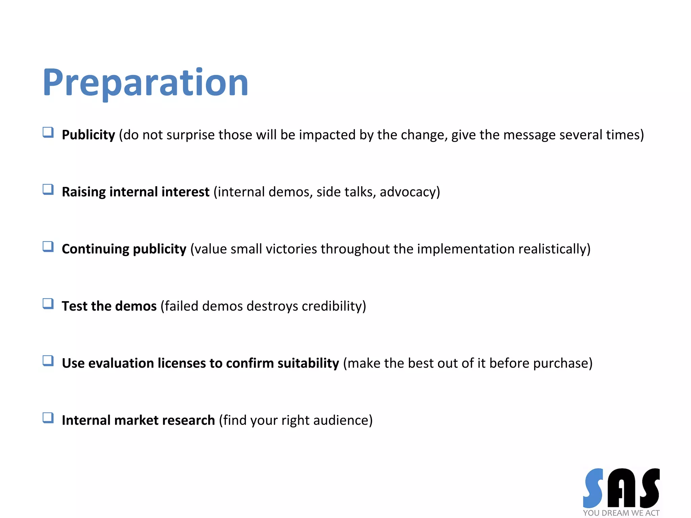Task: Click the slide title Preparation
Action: (x=145, y=83)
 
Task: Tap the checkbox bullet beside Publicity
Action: (x=48, y=133)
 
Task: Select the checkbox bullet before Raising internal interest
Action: (x=48, y=190)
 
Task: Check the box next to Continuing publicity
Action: (x=48, y=247)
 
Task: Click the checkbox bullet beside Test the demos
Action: (x=48, y=304)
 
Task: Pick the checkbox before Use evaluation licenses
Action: (x=48, y=361)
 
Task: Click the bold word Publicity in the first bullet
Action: (x=88, y=135)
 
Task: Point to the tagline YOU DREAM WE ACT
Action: (x=621, y=513)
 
